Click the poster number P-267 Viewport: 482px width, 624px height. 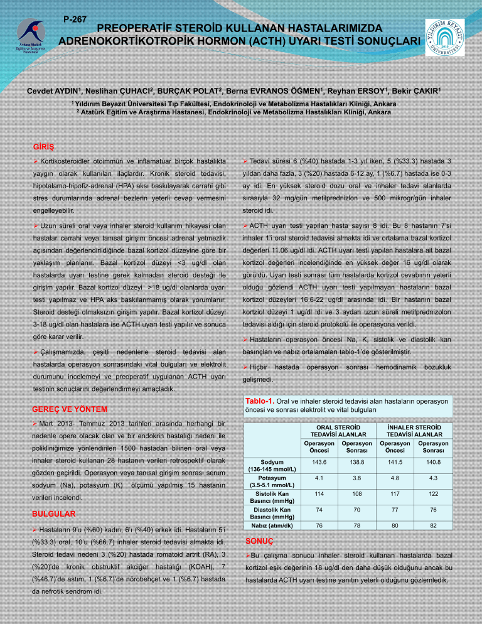[x=75, y=19]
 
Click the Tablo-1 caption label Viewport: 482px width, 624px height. [x=259, y=401]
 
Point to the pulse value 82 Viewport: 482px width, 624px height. [x=432, y=525]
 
